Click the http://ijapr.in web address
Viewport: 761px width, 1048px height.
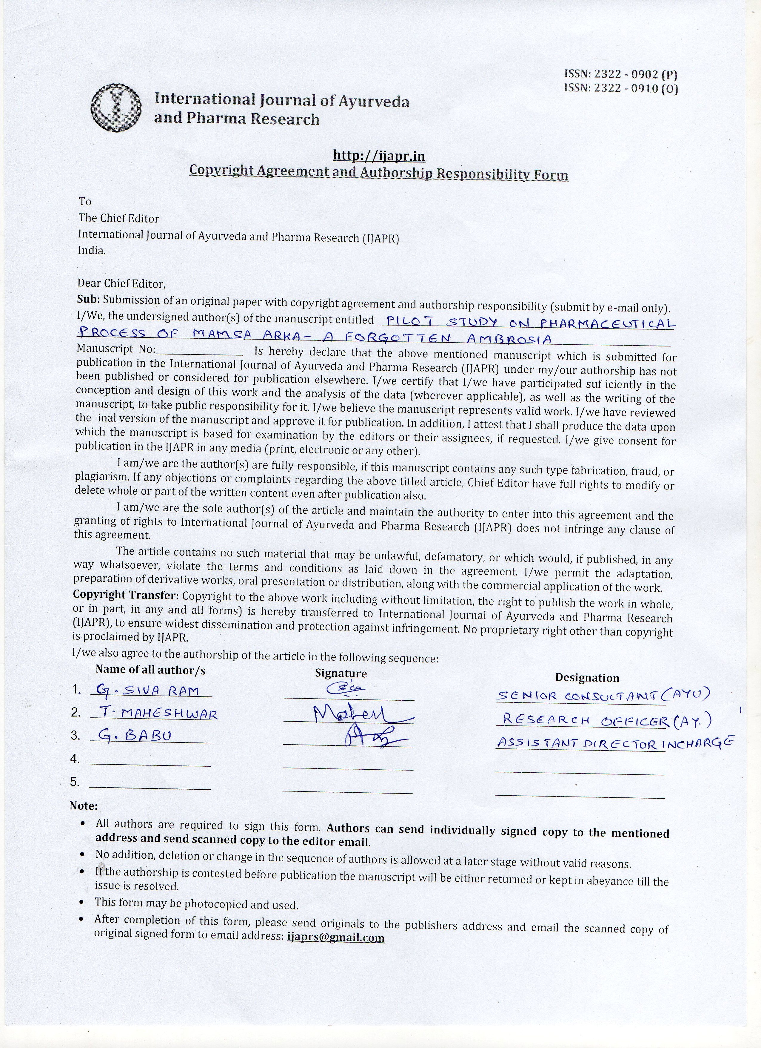click(x=379, y=156)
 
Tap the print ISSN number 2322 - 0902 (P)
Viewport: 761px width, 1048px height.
click(x=621, y=74)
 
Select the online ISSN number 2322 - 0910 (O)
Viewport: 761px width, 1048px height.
click(x=621, y=88)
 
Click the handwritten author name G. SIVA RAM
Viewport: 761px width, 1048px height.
click(x=147, y=690)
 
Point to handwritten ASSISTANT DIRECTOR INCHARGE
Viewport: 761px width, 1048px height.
click(x=614, y=742)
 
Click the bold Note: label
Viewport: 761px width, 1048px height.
click(x=84, y=806)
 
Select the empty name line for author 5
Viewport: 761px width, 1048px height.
click(x=150, y=786)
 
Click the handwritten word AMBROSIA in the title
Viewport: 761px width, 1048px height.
click(x=509, y=340)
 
